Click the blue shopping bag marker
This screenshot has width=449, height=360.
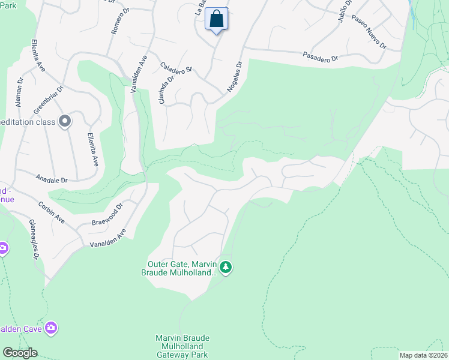coord(217,19)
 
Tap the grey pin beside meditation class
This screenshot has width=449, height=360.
coord(65,122)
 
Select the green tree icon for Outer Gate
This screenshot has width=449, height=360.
coord(225,267)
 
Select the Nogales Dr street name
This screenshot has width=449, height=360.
coord(234,77)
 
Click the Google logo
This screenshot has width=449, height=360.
coord(20,353)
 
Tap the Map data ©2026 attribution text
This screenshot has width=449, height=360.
coord(423,355)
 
